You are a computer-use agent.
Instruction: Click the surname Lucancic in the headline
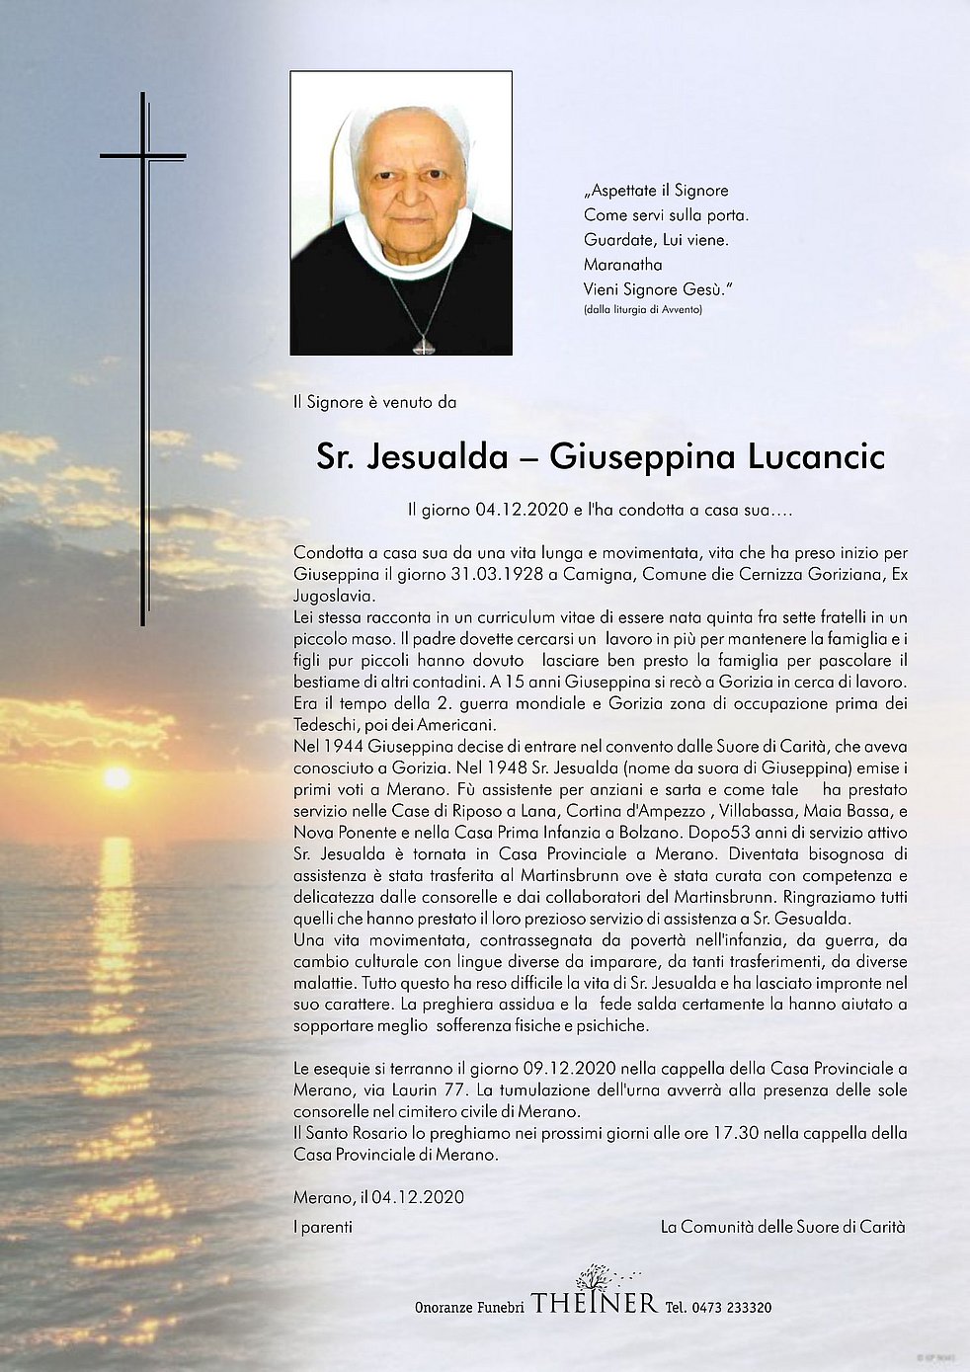(x=816, y=457)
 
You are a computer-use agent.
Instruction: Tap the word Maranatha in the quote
(x=622, y=265)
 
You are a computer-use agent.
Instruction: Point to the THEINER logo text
(x=594, y=1304)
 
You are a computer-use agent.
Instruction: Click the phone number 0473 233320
(x=732, y=1307)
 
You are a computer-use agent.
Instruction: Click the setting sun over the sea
(x=117, y=778)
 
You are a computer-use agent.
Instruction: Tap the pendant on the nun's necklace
(x=423, y=346)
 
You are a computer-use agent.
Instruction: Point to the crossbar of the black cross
(x=142, y=156)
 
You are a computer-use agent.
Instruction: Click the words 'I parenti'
(x=323, y=1227)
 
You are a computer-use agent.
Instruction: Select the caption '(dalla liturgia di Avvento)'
(x=642, y=310)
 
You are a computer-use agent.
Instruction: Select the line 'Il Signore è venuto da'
(x=374, y=402)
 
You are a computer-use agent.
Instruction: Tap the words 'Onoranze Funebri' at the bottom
(x=468, y=1307)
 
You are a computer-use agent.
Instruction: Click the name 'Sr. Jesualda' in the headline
(x=404, y=457)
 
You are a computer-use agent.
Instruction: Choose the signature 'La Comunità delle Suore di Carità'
(x=782, y=1227)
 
